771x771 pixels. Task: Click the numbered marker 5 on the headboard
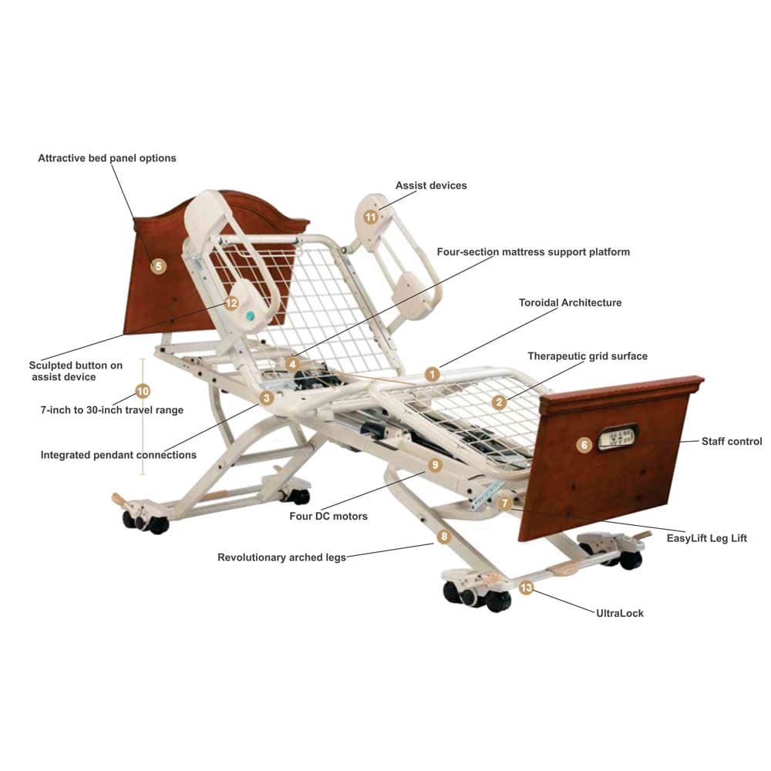coord(158,267)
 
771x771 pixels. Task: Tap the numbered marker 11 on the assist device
coord(371,217)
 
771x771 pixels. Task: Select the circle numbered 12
coord(231,303)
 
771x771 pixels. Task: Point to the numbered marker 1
coord(432,375)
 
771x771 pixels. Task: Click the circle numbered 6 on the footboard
coord(584,445)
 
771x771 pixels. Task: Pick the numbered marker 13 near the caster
coord(526,588)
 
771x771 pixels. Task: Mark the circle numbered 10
coord(142,391)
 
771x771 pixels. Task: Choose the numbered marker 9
coord(435,465)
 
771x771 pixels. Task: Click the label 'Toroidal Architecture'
coord(570,303)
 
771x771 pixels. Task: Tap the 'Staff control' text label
coord(731,442)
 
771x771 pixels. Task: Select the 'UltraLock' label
coord(619,614)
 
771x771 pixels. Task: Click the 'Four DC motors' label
coord(328,517)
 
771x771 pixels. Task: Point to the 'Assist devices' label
coord(431,186)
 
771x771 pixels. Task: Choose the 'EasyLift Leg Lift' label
coord(706,539)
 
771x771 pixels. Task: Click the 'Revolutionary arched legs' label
coord(281,557)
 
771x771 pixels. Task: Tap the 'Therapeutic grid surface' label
coord(588,356)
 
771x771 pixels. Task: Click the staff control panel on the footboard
coord(618,436)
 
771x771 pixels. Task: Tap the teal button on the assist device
coord(250,316)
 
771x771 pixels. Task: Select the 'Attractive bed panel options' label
coord(107,158)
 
